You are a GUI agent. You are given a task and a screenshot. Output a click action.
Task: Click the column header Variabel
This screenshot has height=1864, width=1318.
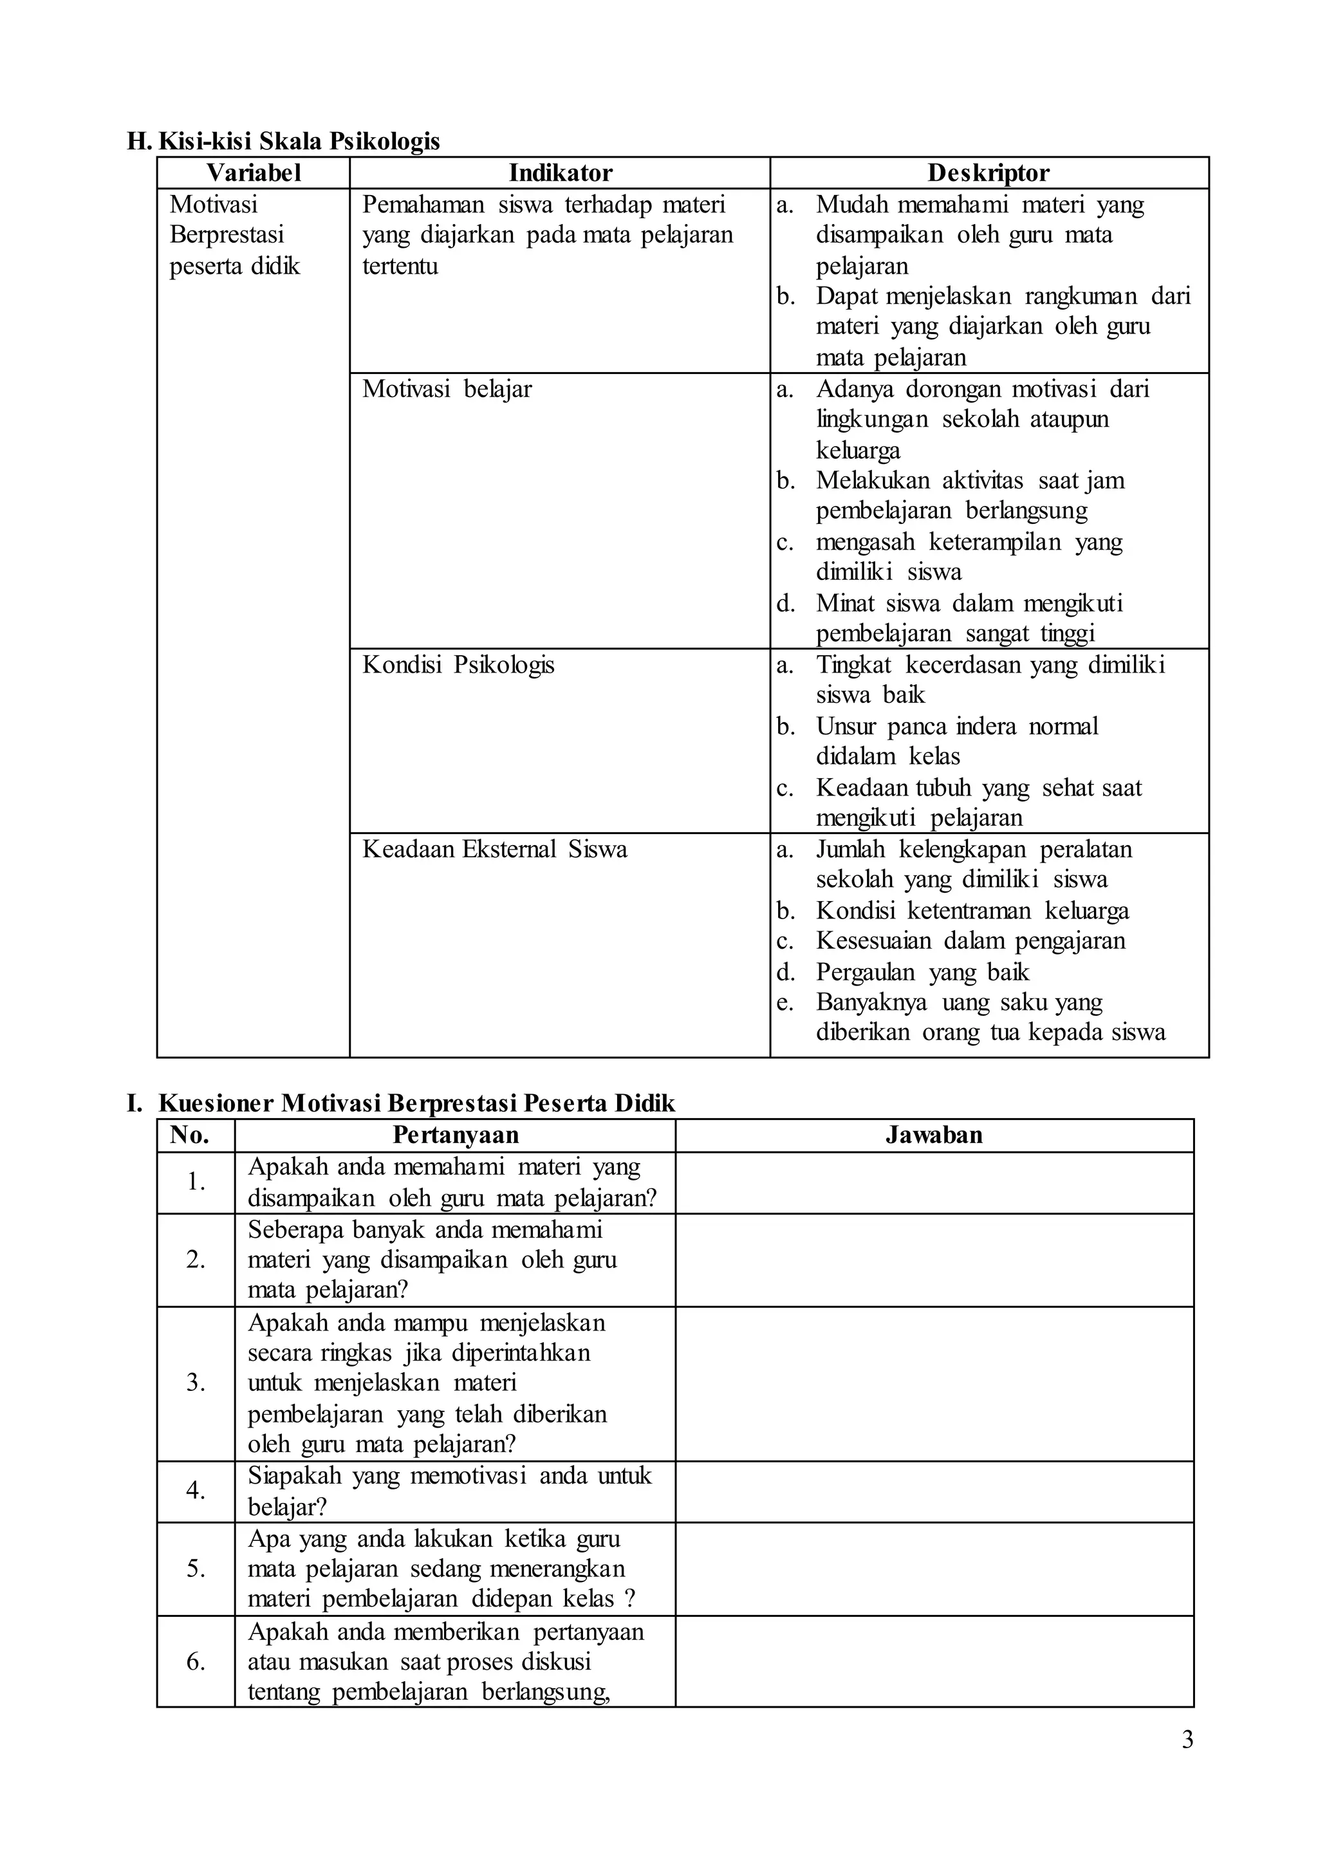pos(253,173)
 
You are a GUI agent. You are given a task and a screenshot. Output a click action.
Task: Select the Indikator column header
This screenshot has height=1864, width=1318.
pos(560,173)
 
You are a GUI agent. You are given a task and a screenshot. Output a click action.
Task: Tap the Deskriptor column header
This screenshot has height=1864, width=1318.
pos(988,173)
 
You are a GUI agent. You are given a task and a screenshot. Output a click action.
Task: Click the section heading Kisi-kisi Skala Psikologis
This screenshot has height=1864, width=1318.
pos(299,141)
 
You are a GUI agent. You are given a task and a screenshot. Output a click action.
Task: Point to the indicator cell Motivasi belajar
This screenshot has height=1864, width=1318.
pos(447,389)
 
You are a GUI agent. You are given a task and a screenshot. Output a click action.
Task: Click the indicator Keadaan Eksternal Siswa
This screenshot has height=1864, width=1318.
pos(494,849)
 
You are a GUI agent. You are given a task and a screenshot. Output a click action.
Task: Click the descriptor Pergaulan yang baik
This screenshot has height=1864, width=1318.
pos(922,972)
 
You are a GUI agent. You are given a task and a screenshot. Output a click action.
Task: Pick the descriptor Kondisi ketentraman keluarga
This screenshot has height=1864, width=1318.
pos(972,910)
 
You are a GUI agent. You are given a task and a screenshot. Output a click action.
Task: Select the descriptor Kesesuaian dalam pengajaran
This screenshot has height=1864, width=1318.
pos(970,941)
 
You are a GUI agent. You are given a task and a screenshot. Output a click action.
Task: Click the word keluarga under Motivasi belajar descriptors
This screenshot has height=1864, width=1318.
pos(858,450)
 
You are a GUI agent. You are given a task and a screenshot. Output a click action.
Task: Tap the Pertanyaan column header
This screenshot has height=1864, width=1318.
pos(455,1135)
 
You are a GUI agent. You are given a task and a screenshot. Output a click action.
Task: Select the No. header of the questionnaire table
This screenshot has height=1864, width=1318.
pos(189,1135)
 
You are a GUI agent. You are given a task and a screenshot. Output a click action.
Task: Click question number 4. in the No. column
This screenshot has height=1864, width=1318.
pos(196,1490)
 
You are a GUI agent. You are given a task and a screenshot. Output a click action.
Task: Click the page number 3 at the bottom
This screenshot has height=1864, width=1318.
pos(1187,1740)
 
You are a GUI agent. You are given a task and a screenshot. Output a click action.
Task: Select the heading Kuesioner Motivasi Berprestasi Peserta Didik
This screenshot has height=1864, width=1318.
pos(416,1103)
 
